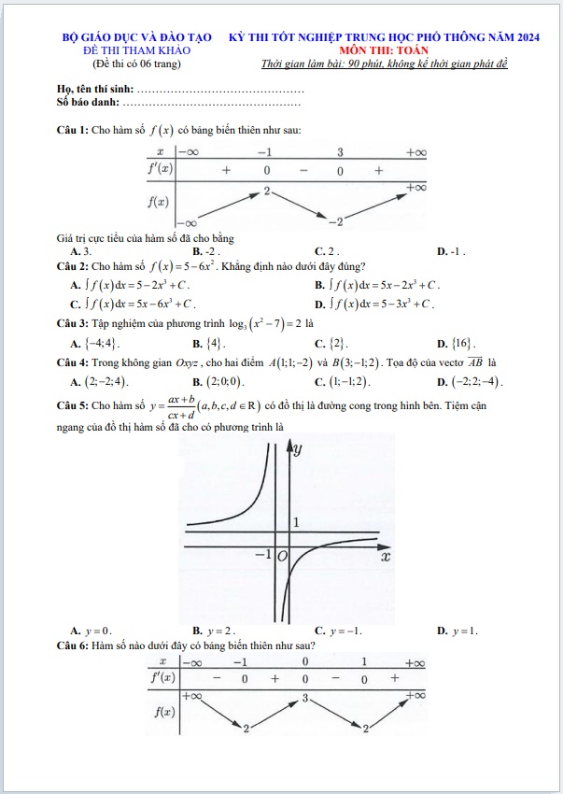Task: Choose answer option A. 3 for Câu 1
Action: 80,251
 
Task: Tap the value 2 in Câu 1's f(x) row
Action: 266,191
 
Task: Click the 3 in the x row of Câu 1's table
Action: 341,151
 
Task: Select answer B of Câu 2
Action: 378,284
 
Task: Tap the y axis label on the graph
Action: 298,449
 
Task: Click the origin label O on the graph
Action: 282,557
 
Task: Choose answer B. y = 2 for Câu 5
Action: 214,631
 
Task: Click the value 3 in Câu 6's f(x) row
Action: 304,698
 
